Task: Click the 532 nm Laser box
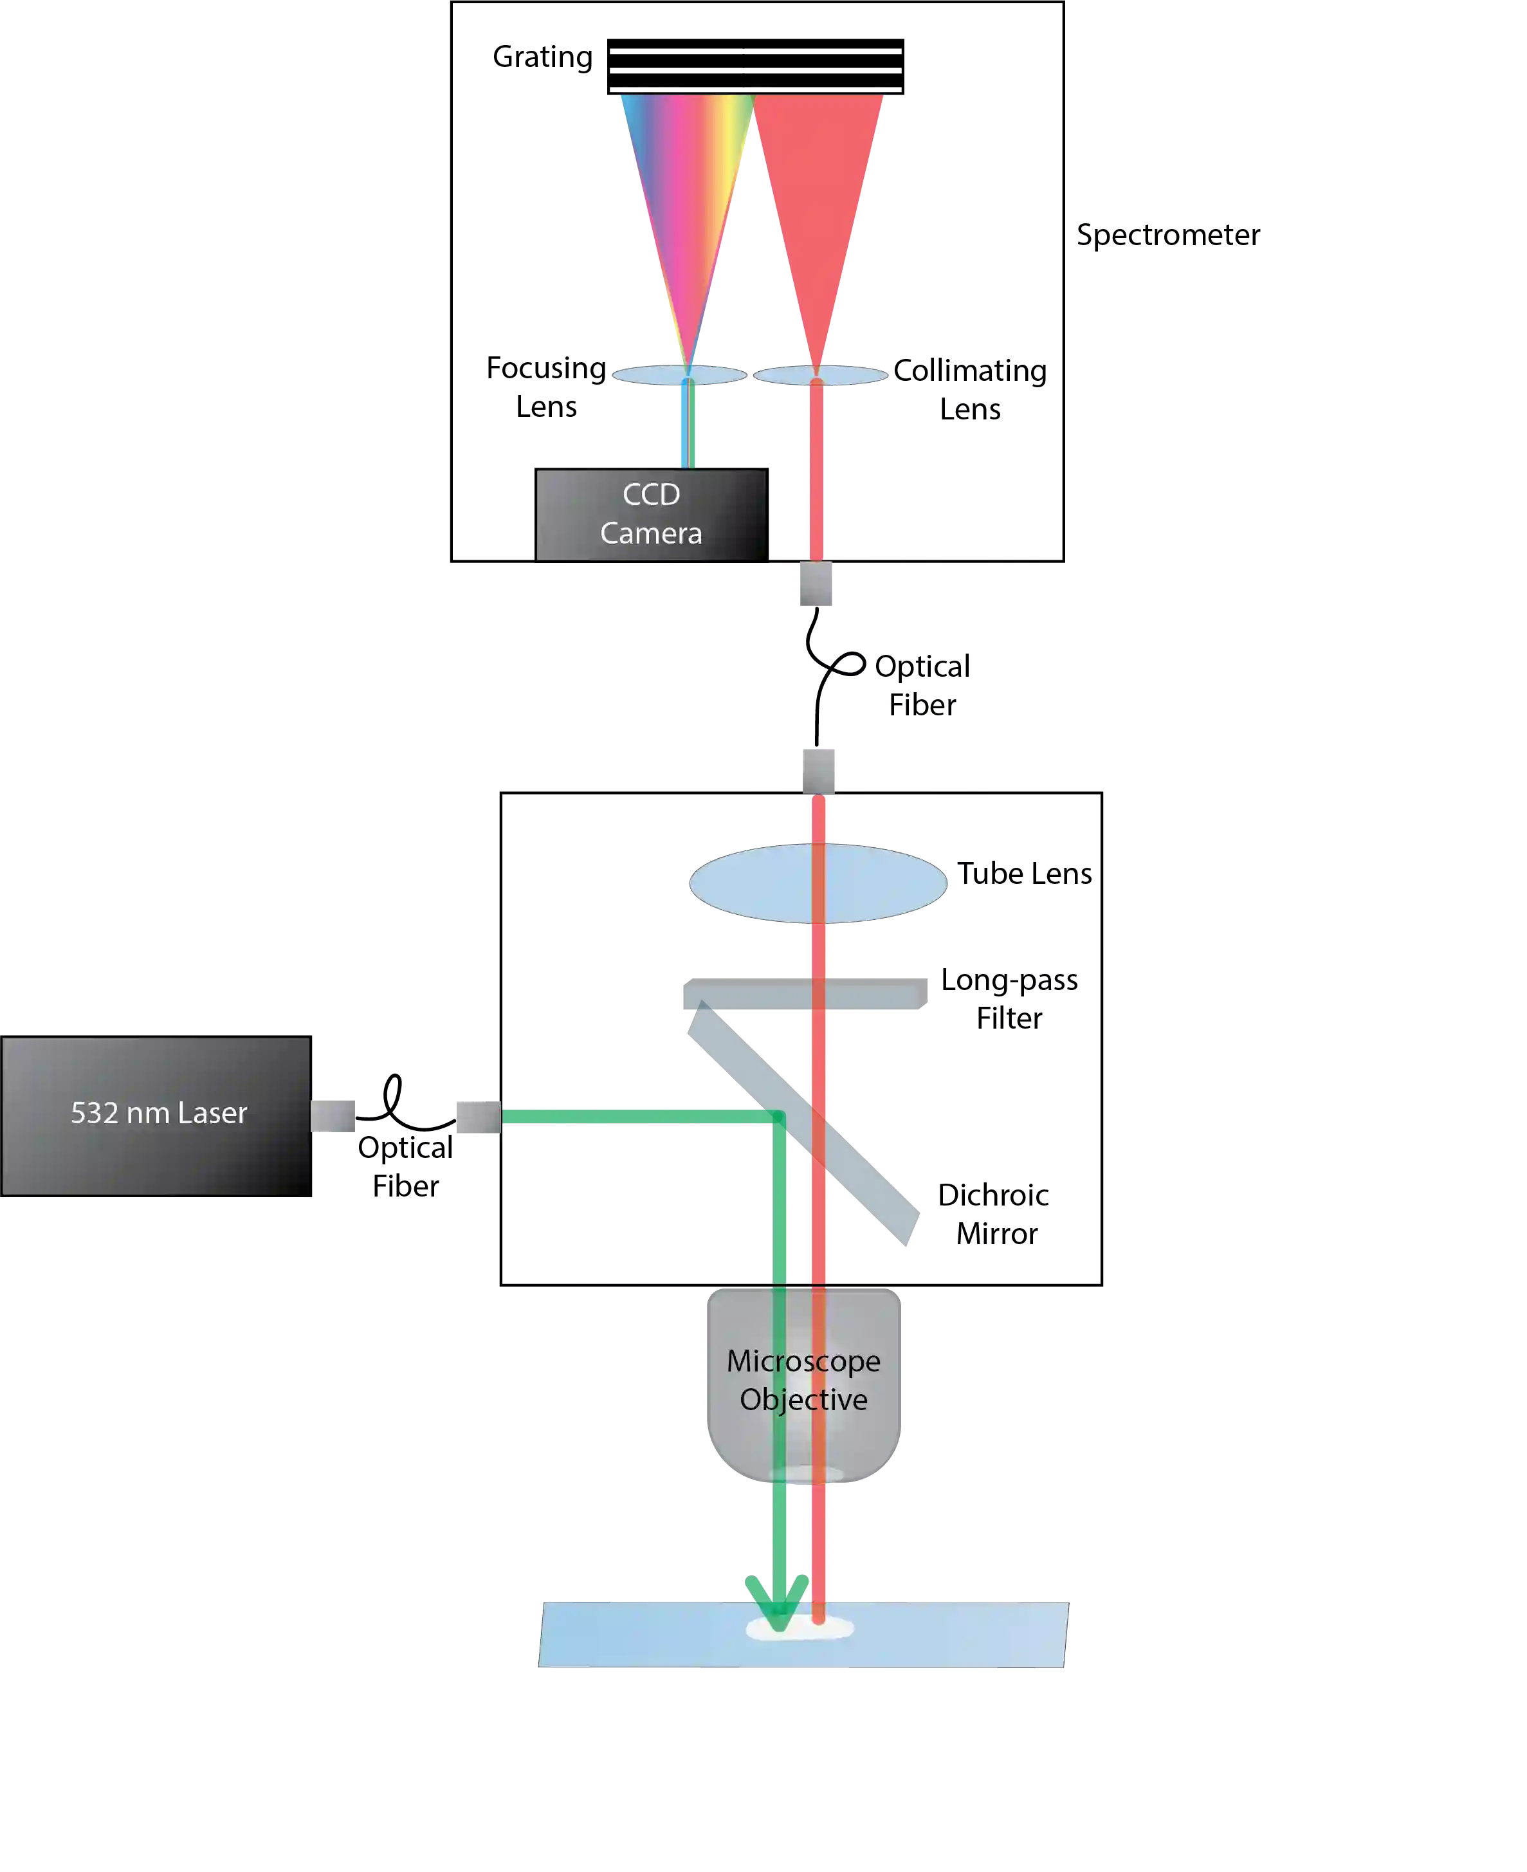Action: [156, 1115]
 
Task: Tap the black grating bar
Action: [756, 63]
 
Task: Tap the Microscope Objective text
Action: [803, 1379]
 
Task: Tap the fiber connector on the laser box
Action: [333, 1114]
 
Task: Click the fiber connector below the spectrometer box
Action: [816, 584]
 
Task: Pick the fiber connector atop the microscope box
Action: [820, 769]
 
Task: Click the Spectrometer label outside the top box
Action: [1167, 235]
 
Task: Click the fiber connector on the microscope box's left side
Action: [477, 1118]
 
